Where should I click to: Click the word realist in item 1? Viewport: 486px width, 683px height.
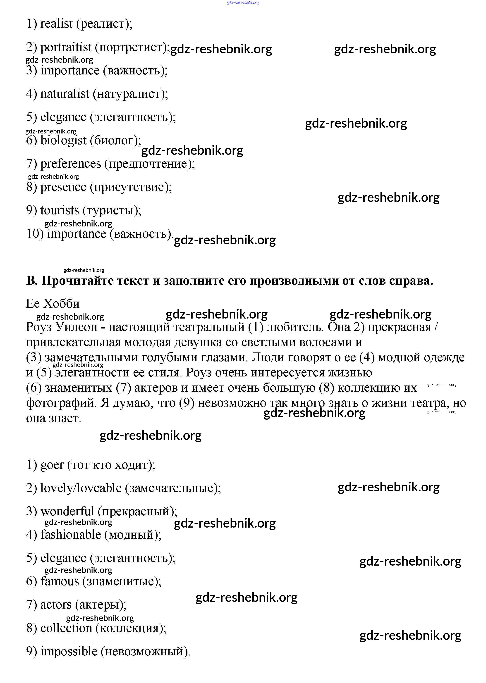(x=56, y=24)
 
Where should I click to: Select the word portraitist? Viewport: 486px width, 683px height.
(x=66, y=47)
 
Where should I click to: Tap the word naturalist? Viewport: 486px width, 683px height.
(x=65, y=94)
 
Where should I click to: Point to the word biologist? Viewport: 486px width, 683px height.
(x=63, y=140)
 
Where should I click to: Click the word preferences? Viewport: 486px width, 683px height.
(x=71, y=164)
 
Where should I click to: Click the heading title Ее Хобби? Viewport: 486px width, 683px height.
(x=53, y=304)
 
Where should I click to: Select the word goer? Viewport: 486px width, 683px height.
(x=52, y=465)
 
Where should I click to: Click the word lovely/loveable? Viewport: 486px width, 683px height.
(x=81, y=488)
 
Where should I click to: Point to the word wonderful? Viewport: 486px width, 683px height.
(x=67, y=512)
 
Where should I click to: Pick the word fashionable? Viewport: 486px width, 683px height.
(x=71, y=535)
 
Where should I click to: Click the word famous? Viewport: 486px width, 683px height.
(x=60, y=582)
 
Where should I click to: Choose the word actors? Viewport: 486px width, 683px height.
(x=56, y=605)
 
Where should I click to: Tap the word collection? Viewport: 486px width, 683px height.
(x=66, y=628)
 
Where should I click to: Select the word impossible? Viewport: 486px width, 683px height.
(x=69, y=652)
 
